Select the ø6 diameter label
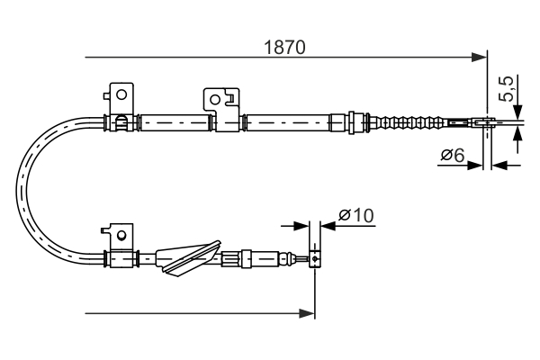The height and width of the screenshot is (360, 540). [452, 156]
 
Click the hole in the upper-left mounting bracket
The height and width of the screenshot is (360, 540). [120, 92]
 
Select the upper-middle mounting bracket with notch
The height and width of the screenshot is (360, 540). [220, 99]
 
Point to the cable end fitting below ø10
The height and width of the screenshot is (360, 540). [314, 260]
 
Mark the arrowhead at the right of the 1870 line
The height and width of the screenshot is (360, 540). [480, 58]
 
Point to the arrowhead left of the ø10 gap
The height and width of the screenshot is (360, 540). [302, 225]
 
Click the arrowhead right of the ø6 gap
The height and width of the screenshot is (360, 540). [499, 165]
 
